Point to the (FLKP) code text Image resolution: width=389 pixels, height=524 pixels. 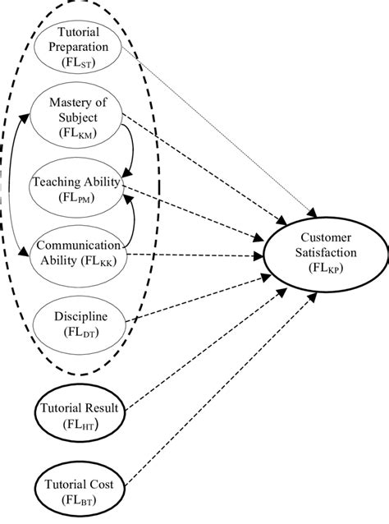click(319, 267)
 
